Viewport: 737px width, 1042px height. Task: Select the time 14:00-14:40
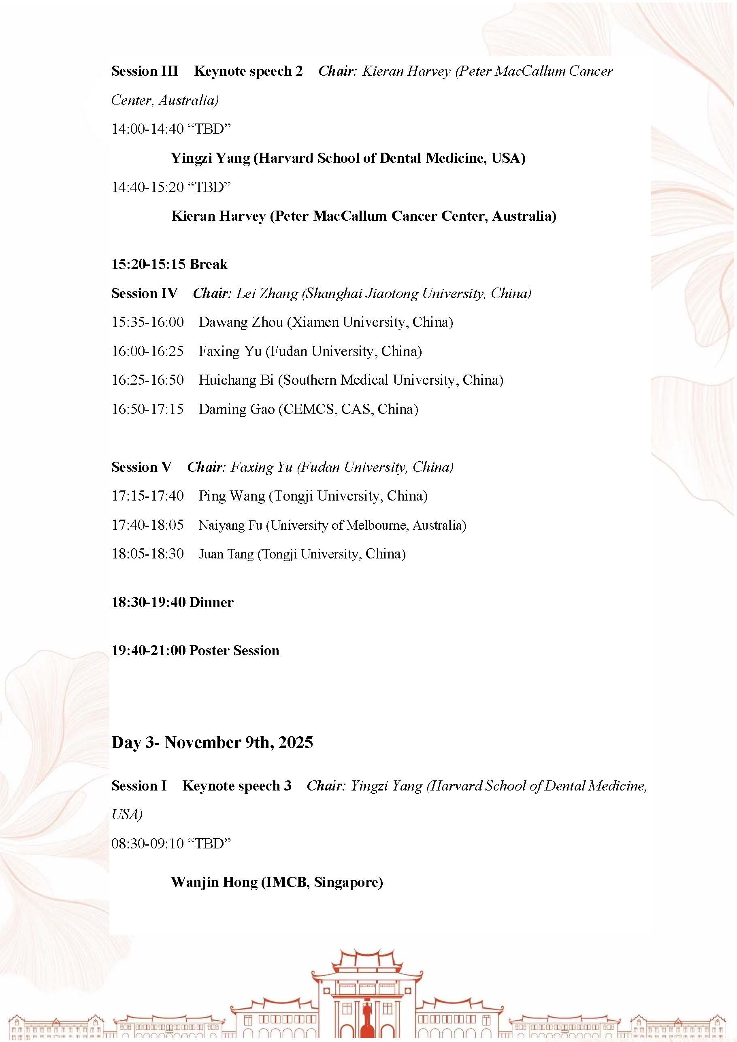[x=147, y=129]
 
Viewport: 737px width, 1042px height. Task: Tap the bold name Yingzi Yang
[x=210, y=158]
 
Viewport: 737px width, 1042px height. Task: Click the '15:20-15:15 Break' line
[x=169, y=264]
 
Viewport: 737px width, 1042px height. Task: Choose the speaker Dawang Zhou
[x=241, y=322]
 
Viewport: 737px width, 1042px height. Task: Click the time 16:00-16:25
[x=147, y=351]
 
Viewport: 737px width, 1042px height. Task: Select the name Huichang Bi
[x=236, y=380]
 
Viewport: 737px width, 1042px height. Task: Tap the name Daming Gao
[x=236, y=409]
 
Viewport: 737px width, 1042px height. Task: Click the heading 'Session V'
[x=142, y=467]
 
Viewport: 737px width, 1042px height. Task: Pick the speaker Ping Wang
[x=232, y=496]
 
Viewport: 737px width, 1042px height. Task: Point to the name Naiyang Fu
[x=230, y=525]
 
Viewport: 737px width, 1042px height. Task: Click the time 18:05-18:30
[x=147, y=554]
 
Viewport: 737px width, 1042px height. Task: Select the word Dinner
[x=211, y=602]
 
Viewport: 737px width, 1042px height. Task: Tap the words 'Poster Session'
[x=234, y=650]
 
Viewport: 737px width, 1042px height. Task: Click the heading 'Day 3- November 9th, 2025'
[x=212, y=742]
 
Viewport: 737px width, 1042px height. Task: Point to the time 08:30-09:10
[x=147, y=844]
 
